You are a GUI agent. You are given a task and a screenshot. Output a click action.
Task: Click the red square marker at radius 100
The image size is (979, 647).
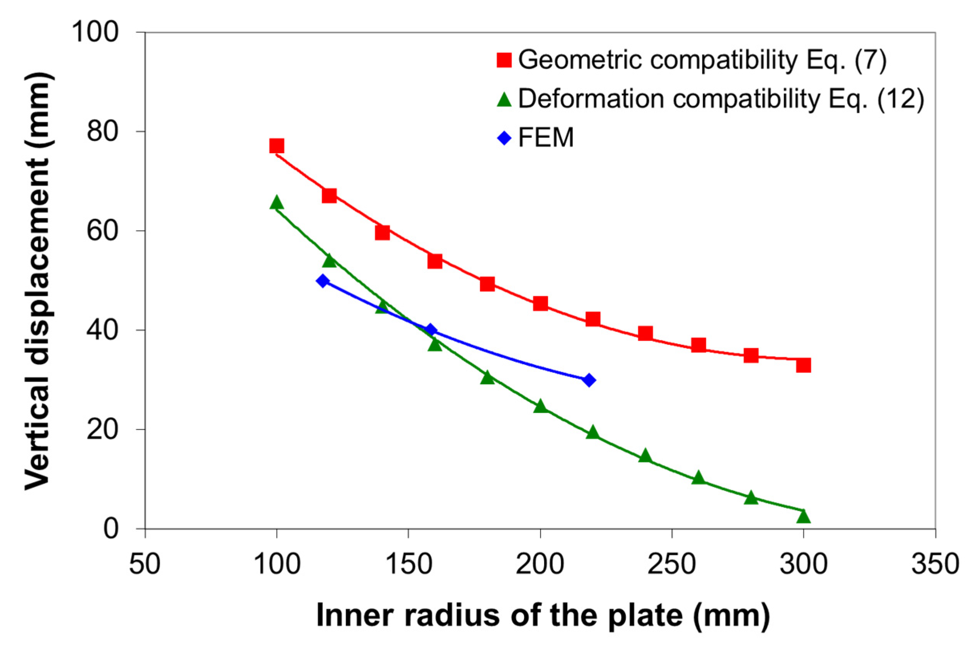[x=277, y=146]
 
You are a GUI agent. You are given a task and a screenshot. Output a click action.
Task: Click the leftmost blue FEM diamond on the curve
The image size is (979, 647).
[x=322, y=281]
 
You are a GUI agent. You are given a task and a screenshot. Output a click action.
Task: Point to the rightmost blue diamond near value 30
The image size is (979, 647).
[x=589, y=380]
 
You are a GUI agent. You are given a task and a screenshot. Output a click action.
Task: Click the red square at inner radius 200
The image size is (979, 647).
[x=540, y=304]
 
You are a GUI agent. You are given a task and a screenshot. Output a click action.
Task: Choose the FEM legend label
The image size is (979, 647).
[x=546, y=137]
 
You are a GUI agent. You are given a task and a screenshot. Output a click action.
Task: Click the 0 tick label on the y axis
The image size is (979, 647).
[x=111, y=529]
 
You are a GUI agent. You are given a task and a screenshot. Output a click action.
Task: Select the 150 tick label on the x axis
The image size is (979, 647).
[x=408, y=564]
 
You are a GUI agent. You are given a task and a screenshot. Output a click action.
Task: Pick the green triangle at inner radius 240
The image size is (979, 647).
[x=645, y=456]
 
